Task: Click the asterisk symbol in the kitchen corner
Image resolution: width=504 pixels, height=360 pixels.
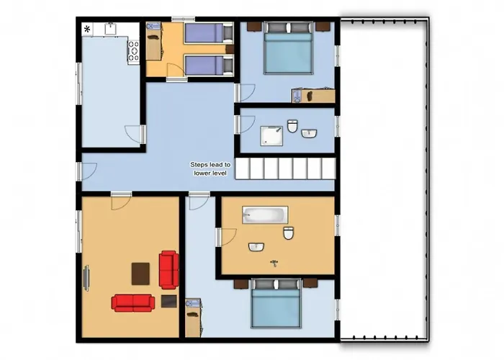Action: tap(88, 29)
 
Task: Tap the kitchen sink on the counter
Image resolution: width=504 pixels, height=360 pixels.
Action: tap(110, 28)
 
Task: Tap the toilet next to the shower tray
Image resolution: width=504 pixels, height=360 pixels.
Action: tap(292, 127)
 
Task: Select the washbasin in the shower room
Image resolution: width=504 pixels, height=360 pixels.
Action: tap(310, 133)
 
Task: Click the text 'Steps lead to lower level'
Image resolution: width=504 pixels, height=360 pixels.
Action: tap(210, 169)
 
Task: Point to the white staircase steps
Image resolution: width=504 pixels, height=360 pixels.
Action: tap(286, 169)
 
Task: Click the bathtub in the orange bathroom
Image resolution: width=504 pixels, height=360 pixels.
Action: tap(265, 215)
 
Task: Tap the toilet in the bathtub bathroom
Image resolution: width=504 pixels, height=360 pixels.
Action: tap(288, 233)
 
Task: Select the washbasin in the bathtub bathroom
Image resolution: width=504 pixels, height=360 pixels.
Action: tap(256, 247)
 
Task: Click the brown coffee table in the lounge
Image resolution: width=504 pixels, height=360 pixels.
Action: tap(141, 273)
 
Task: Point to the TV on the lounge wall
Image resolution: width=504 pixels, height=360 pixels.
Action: tap(87, 278)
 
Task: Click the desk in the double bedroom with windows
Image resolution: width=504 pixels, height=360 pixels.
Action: tap(314, 95)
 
